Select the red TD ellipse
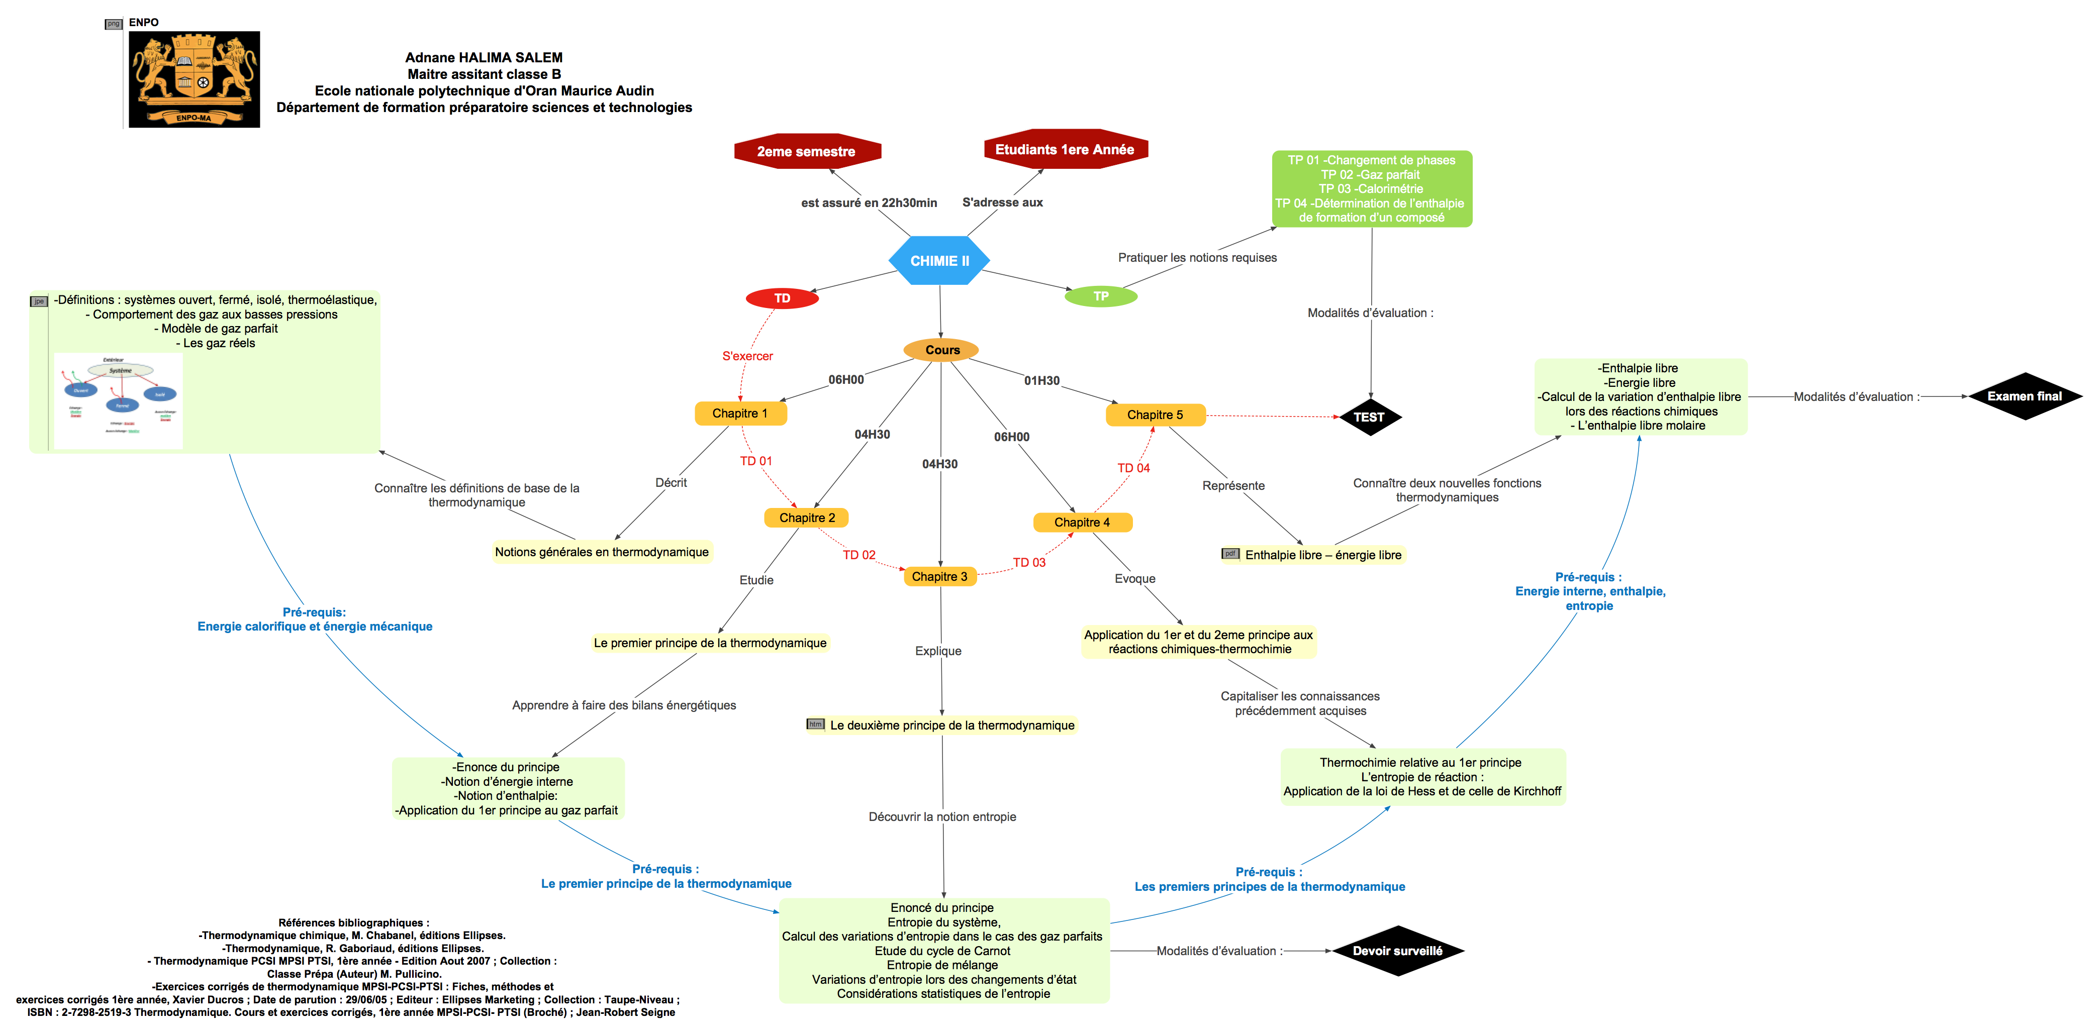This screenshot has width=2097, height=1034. click(782, 298)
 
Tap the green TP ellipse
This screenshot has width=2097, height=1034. click(1101, 296)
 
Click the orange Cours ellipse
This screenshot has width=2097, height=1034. click(941, 350)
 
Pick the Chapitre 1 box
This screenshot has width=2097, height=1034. click(740, 413)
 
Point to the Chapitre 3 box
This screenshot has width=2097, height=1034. click(939, 576)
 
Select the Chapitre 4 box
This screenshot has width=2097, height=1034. click(1082, 523)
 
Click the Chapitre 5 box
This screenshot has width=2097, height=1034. click(1155, 415)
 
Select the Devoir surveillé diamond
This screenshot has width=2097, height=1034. click(1397, 950)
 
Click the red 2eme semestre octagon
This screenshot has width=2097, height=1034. click(806, 151)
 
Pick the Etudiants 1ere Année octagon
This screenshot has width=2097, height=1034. click(1065, 150)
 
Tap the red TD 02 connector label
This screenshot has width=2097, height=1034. click(859, 555)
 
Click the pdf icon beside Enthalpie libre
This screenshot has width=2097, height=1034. click(1229, 554)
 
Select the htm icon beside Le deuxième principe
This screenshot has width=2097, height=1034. click(815, 724)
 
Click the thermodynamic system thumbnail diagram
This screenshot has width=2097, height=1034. click(119, 400)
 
